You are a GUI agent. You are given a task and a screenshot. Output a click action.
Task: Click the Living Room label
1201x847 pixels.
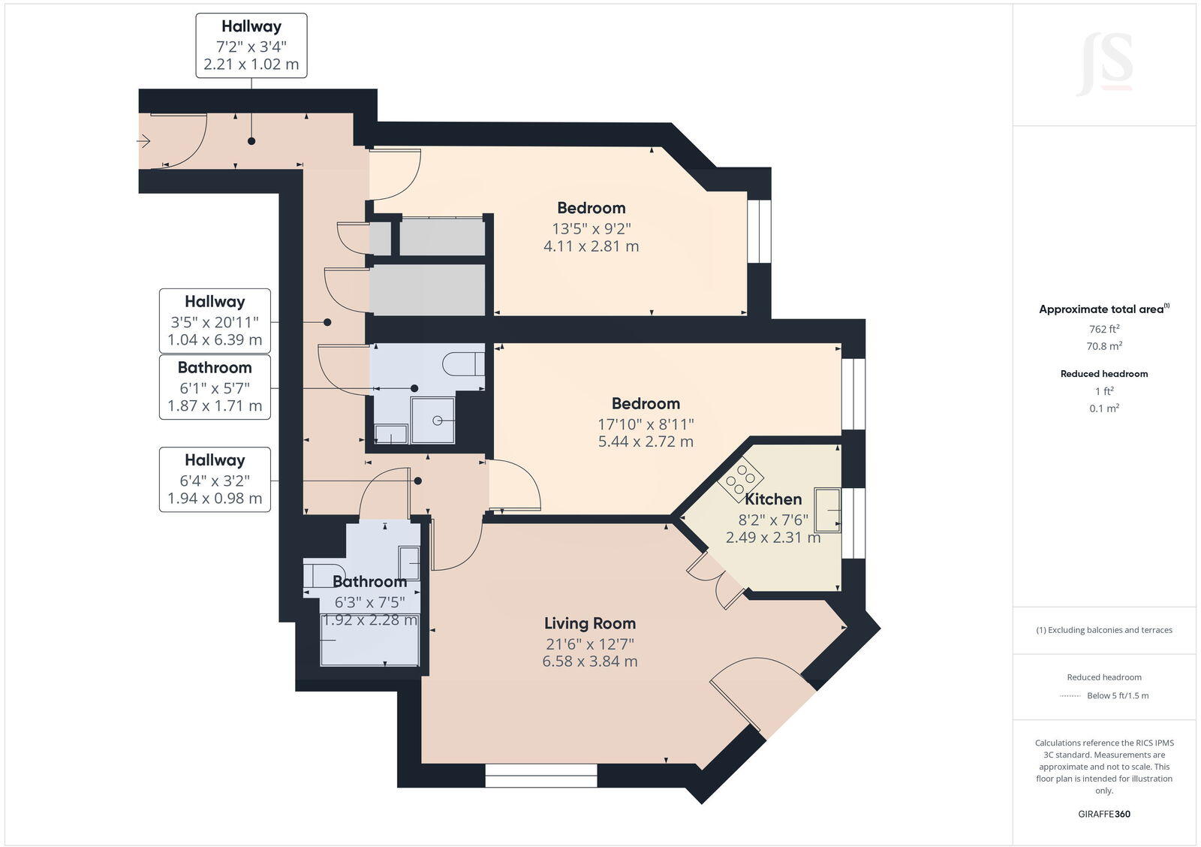[x=589, y=623]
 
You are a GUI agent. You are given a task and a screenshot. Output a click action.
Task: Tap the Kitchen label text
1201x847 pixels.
[x=773, y=499]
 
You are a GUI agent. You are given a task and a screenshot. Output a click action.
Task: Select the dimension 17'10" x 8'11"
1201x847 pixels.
[x=646, y=423]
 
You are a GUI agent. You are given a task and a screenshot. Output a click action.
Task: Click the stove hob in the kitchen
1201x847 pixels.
[x=741, y=479]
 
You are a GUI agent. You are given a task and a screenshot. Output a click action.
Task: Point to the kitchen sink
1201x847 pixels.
[x=828, y=509]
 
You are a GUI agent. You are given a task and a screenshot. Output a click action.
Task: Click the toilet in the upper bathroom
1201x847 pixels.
[x=463, y=363]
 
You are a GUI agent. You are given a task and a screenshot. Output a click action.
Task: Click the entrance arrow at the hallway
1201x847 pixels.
[x=144, y=140]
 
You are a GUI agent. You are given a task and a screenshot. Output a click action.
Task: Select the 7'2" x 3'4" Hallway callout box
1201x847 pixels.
[x=251, y=45]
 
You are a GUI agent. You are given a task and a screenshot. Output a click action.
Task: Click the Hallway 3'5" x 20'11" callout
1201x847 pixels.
[x=215, y=321]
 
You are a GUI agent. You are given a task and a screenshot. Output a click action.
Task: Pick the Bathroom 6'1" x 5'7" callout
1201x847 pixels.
[x=215, y=387]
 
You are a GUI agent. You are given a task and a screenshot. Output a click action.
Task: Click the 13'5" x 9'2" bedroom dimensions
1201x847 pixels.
[x=591, y=228]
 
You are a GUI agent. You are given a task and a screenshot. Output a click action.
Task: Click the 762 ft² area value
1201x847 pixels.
[x=1104, y=329]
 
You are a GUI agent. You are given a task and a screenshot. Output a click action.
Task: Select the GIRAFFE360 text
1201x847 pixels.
[x=1104, y=814]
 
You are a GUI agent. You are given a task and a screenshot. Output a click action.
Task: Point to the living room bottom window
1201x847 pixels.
[x=540, y=776]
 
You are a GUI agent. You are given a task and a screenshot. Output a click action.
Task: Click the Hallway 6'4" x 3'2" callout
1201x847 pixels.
[x=215, y=479]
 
